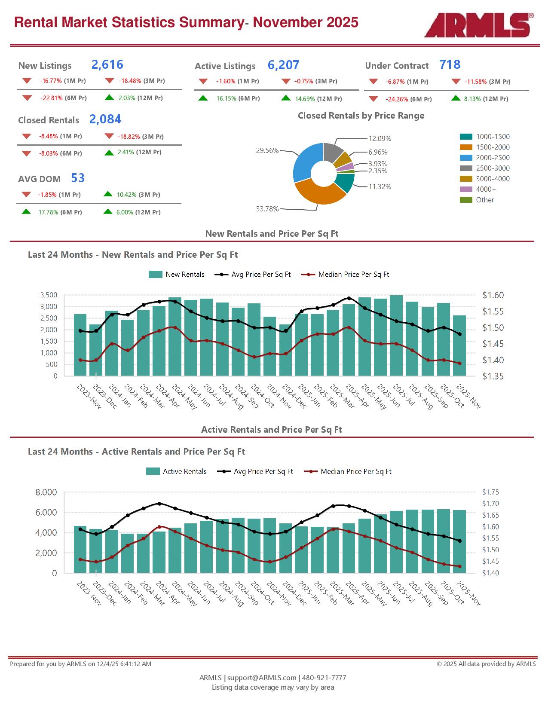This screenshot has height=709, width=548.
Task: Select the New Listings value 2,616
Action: pyautogui.click(x=107, y=64)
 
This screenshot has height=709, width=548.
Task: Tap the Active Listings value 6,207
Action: pyautogui.click(x=283, y=65)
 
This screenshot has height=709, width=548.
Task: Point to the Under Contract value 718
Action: pyautogui.click(x=450, y=64)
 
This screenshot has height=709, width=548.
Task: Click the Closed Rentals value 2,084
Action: pyautogui.click(x=105, y=119)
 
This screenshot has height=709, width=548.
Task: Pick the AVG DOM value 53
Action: pyautogui.click(x=78, y=178)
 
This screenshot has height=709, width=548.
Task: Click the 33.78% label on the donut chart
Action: pyautogui.click(x=267, y=209)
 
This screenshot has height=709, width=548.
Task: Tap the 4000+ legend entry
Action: pyautogui.click(x=485, y=189)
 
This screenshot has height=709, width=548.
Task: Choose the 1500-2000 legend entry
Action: pyautogui.click(x=492, y=147)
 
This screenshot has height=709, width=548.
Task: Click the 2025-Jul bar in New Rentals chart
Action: pyautogui.click(x=396, y=335)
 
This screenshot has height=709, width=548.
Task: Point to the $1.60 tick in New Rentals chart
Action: pyautogui.click(x=493, y=295)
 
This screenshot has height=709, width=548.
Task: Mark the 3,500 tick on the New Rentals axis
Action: pyautogui.click(x=49, y=295)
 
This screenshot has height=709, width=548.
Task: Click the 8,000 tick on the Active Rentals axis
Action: pyautogui.click(x=46, y=492)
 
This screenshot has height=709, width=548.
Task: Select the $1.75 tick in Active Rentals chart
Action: pyautogui.click(x=490, y=492)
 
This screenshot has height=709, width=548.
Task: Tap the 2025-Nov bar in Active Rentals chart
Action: pyautogui.click(x=459, y=541)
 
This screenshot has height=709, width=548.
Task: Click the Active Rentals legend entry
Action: pyautogui.click(x=184, y=471)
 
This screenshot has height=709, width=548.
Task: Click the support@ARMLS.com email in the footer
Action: pyautogui.click(x=262, y=678)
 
